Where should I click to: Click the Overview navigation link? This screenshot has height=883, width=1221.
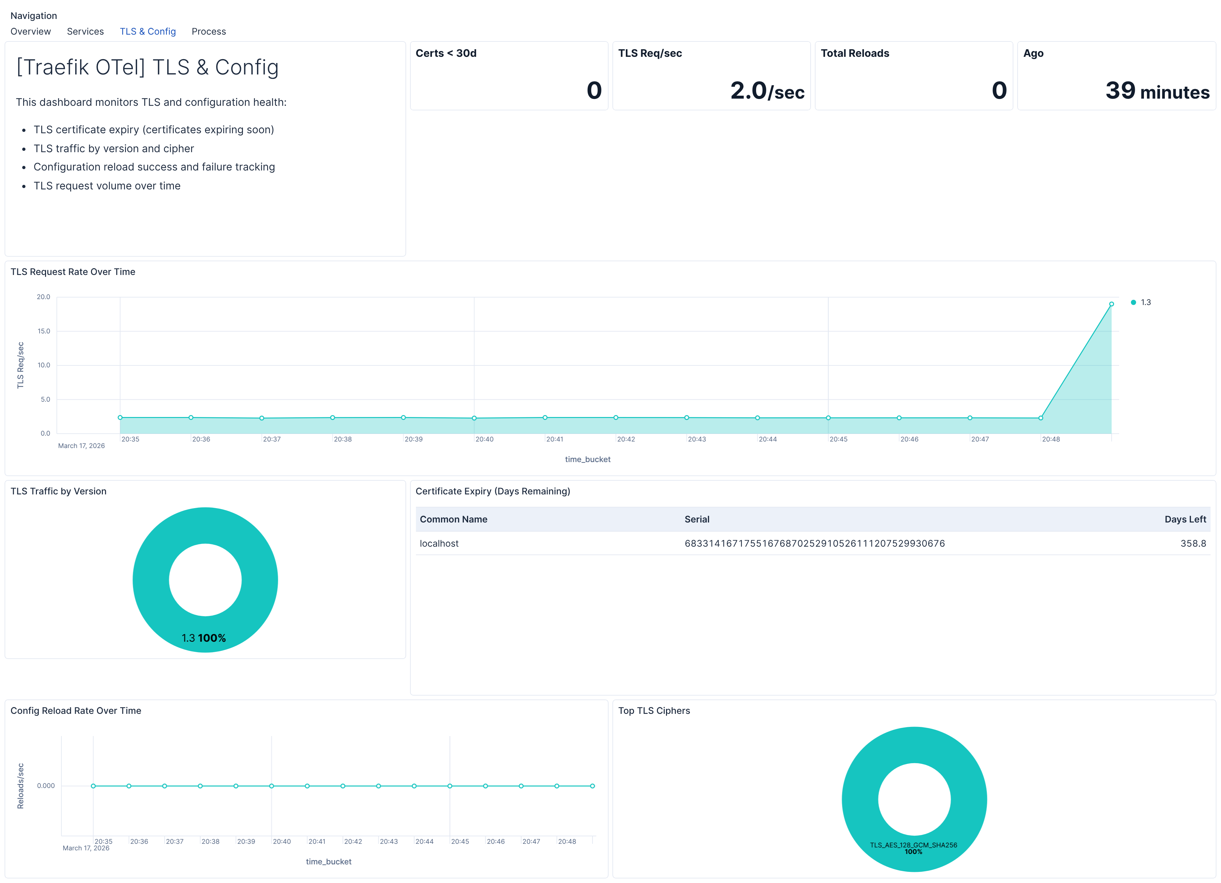31,31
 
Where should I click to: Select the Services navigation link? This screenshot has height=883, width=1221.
85,31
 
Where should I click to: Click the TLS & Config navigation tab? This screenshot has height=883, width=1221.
148,31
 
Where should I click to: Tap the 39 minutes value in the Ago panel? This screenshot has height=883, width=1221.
1157,90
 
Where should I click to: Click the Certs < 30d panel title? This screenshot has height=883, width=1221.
446,53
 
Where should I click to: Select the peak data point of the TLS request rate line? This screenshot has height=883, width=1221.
1111,304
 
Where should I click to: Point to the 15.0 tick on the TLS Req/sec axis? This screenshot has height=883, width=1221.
44,331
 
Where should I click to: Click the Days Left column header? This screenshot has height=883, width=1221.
1185,519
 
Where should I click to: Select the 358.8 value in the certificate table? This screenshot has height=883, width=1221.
1193,543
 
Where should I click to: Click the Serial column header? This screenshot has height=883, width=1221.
697,519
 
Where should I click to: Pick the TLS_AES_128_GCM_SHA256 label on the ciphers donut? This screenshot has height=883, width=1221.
913,845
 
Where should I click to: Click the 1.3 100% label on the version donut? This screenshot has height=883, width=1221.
203,638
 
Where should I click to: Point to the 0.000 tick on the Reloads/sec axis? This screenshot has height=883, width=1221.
46,786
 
